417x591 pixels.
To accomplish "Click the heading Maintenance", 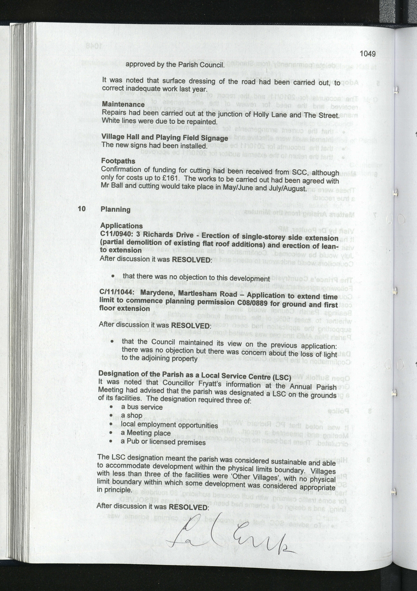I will [123, 104].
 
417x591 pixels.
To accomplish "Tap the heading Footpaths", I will [118, 161].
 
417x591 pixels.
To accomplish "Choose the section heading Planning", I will [116, 209].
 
